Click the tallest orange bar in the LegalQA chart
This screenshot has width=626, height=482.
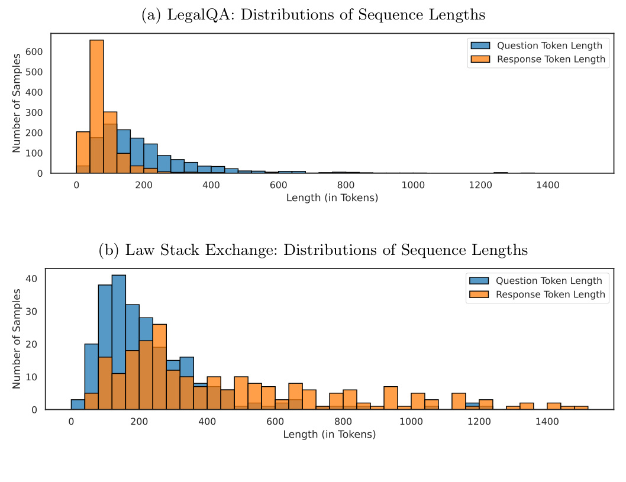point(96,106)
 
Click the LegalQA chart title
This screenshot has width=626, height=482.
point(313,15)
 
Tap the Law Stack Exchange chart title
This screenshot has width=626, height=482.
point(313,250)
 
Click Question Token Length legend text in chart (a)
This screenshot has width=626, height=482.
point(549,46)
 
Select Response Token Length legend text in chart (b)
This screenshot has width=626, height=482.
point(550,295)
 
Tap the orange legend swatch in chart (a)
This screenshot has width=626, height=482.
point(480,59)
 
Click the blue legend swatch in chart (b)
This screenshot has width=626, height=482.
point(479,281)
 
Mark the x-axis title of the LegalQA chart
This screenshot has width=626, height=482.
point(332,198)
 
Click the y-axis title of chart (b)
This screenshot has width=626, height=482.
point(17,339)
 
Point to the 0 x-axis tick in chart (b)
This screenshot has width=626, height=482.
point(71,421)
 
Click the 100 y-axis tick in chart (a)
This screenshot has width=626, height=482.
point(37,153)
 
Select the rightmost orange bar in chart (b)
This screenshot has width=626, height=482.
point(581,407)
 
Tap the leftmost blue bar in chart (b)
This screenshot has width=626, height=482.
point(78,405)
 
